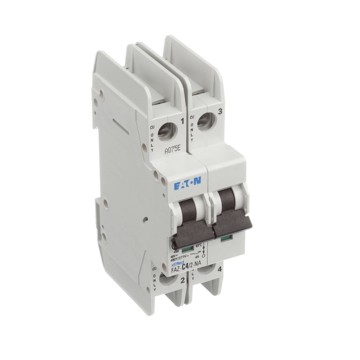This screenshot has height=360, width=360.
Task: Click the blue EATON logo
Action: tap(187, 182)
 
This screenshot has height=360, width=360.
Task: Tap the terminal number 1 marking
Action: tap(182, 122)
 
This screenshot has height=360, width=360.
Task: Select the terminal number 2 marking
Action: tap(182, 280)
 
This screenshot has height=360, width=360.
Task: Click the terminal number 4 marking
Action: tap(219, 270)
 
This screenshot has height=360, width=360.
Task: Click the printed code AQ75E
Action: tap(173, 150)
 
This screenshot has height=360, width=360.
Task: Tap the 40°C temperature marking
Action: tap(199, 245)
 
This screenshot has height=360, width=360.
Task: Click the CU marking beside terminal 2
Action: tap(154, 268)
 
